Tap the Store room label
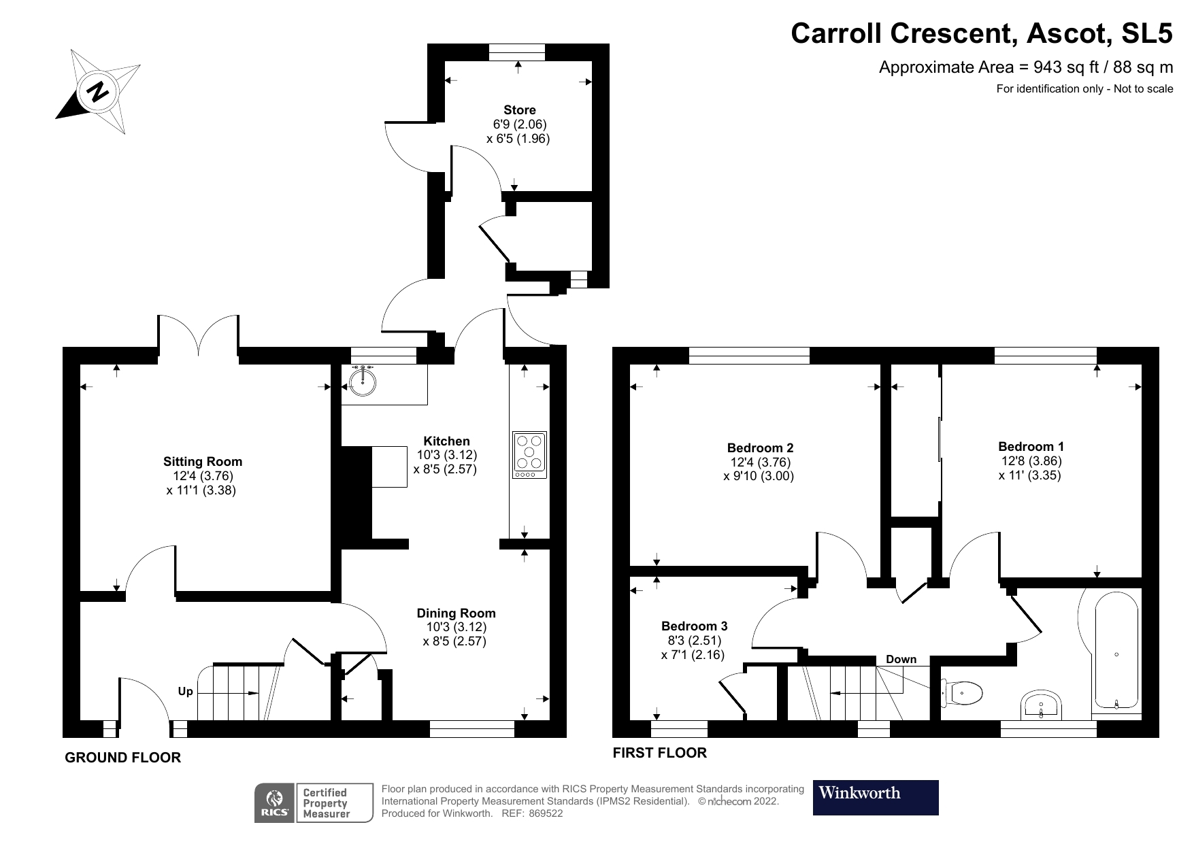pyautogui.click(x=520, y=110)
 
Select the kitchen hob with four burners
pyautogui.click(x=529, y=454)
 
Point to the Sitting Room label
pyautogui.click(x=203, y=462)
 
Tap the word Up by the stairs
pyautogui.click(x=185, y=692)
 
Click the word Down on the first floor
pyautogui.click(x=901, y=659)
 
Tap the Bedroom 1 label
pyautogui.click(x=1031, y=447)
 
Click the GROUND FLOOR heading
pyautogui.click(x=123, y=758)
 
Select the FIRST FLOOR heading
pyautogui.click(x=660, y=753)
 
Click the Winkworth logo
pyautogui.click(x=876, y=797)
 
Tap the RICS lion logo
pyautogui.click(x=275, y=803)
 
